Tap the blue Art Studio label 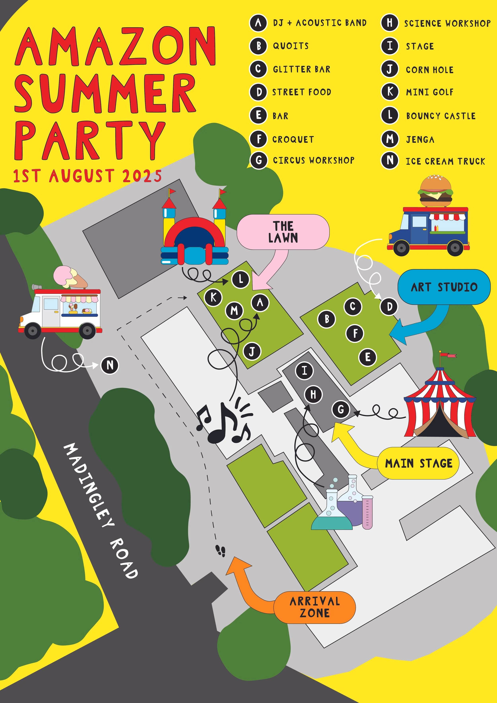point(444,287)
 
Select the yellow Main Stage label point(418,463)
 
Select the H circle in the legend point(390,23)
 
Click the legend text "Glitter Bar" point(301,69)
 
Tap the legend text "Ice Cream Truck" point(445,161)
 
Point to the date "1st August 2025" point(87,176)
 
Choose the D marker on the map point(389,306)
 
